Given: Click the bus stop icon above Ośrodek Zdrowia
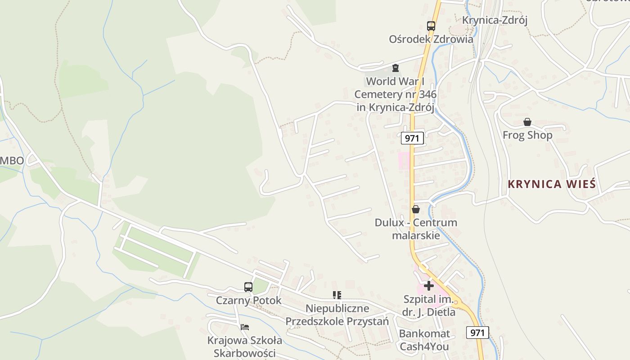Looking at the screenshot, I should (431, 26).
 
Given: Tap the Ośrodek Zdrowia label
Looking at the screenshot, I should (431, 39).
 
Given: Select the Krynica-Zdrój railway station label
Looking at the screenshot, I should (495, 20).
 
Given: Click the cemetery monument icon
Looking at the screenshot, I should (395, 68).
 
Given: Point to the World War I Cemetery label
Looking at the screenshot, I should (395, 94).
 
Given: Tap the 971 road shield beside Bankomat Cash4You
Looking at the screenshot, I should (477, 333).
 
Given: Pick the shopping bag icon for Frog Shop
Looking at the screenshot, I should (527, 122).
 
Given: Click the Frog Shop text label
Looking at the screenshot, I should (527, 135).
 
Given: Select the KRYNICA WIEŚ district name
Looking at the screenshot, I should (552, 184).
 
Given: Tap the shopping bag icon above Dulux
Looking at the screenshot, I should (415, 209).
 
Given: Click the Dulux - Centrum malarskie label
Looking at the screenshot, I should (416, 229).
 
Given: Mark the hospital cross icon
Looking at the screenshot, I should (428, 286).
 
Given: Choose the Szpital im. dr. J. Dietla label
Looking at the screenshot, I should (429, 306).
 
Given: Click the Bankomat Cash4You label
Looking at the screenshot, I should (424, 340).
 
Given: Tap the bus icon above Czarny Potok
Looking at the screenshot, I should (248, 287).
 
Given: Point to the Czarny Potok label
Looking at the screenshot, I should (248, 300).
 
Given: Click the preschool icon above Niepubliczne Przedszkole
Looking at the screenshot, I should (337, 295).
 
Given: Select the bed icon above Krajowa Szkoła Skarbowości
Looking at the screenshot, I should (245, 327).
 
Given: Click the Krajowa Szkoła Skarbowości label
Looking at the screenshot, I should (245, 346).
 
